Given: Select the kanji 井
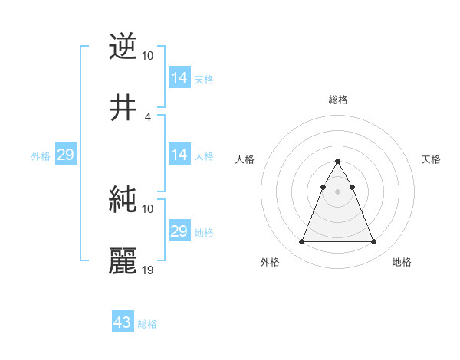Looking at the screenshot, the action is pos(123,108).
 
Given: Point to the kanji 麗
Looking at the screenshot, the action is pos(123,261).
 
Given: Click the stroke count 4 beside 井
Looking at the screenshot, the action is pos(148,116).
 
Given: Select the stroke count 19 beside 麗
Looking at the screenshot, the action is pos(148,270).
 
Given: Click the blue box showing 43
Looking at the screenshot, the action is pos(123,322).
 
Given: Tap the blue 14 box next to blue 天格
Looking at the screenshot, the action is pos(179,78).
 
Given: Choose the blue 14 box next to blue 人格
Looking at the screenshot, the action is pos(179,155).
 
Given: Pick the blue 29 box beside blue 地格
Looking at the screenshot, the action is pos(179,231).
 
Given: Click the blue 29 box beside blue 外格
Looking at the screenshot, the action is pos(65,155).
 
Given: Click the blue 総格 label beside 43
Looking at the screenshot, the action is pos(147,324).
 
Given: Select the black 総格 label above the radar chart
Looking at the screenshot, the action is pos(338,100).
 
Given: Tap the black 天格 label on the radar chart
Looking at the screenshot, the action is pos(432,159).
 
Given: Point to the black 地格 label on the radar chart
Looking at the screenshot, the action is pos(402,262).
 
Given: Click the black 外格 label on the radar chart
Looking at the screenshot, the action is pos(270,262).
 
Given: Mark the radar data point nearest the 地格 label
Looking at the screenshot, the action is pos(373,242).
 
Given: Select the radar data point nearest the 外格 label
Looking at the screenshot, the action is pos(302,242).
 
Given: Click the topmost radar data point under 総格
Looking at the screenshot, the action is pos(337,161).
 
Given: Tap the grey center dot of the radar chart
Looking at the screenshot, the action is pos(337,191).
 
